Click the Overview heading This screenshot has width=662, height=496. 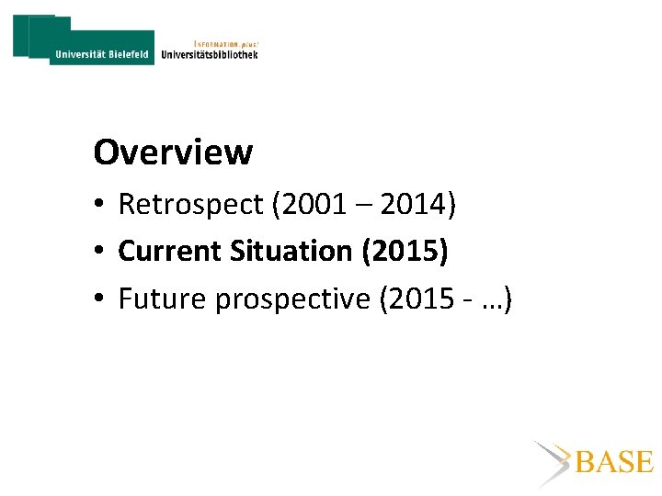(x=173, y=152)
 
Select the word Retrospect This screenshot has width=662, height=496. (x=189, y=205)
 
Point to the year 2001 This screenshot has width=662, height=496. (x=311, y=205)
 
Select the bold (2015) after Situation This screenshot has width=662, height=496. (x=405, y=251)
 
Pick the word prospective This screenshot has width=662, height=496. (x=292, y=299)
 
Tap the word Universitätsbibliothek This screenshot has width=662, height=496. (x=210, y=54)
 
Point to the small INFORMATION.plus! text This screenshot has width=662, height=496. (x=226, y=42)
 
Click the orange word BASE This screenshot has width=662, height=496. (x=614, y=462)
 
